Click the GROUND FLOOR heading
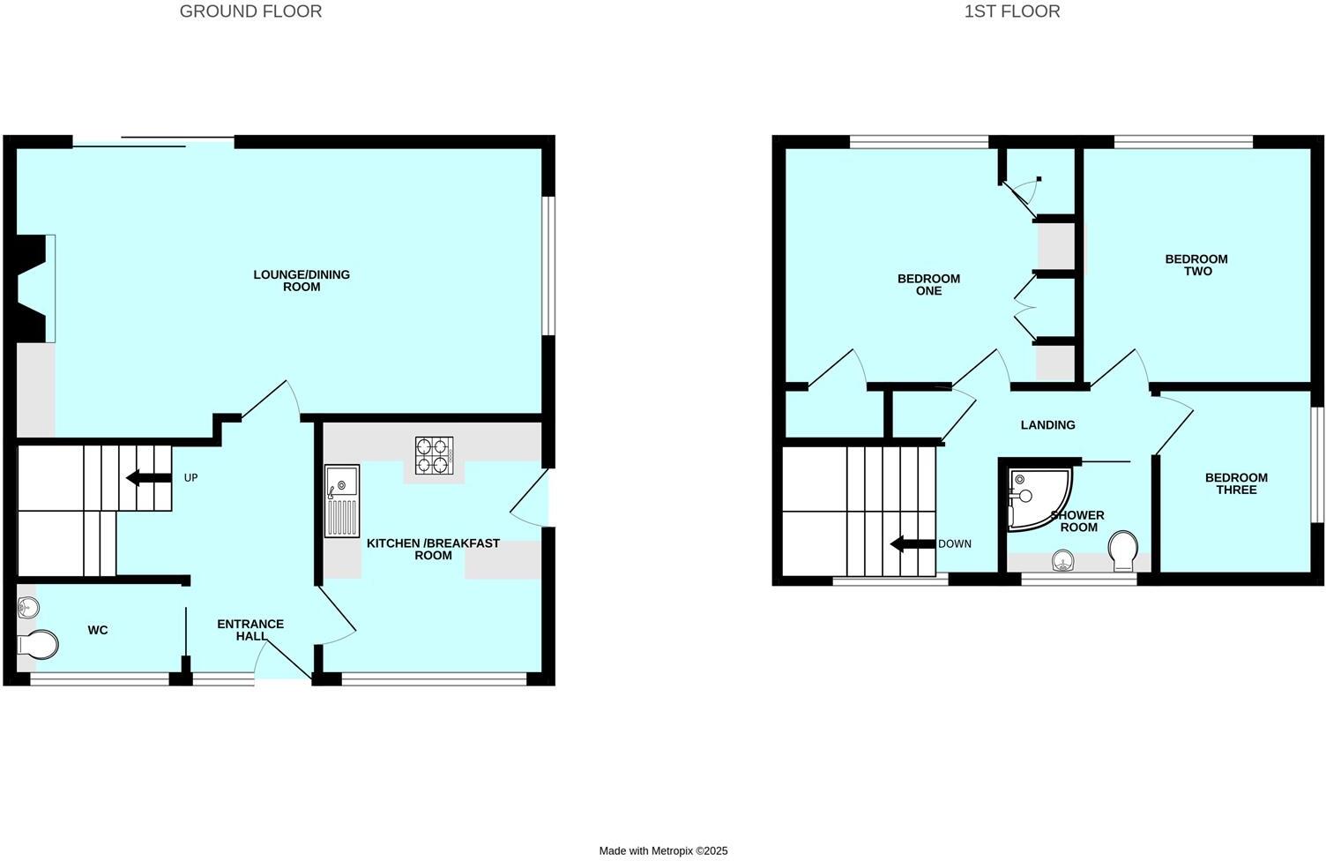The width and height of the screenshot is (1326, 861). click(250, 11)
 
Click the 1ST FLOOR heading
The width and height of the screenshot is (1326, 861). click(1012, 11)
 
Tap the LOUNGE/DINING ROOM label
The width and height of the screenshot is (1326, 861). click(302, 281)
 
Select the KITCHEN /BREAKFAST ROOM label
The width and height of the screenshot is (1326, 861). click(433, 549)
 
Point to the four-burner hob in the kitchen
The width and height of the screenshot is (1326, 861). click(434, 455)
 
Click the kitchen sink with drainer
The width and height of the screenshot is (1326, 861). click(342, 500)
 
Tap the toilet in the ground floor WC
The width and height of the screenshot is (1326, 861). click(37, 645)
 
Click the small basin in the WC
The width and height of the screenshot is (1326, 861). click(27, 606)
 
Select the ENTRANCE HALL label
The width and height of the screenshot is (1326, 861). click(250, 630)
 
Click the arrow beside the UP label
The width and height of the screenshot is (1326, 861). click(147, 478)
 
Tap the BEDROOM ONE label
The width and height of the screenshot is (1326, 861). click(928, 284)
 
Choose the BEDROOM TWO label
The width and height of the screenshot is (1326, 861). click(1196, 265)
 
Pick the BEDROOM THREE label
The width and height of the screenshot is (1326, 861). click(1236, 483)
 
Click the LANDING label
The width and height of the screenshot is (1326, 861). click(1047, 425)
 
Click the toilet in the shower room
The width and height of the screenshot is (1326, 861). click(1123, 550)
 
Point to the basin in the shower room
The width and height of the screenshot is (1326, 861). click(1065, 559)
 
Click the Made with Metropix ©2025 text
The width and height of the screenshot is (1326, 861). click(663, 851)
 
